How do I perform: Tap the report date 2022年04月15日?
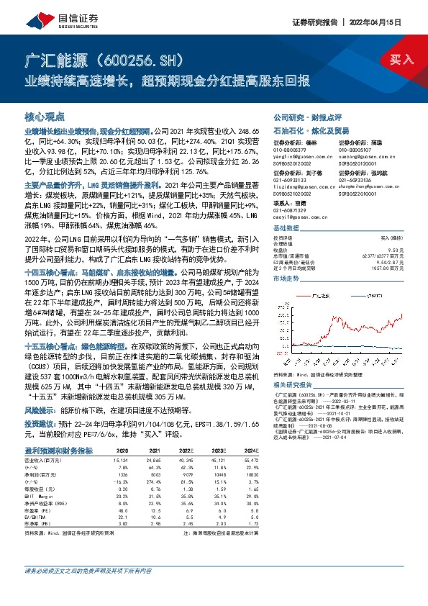pos(382,22)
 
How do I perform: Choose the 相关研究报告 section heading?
pos(291,384)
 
